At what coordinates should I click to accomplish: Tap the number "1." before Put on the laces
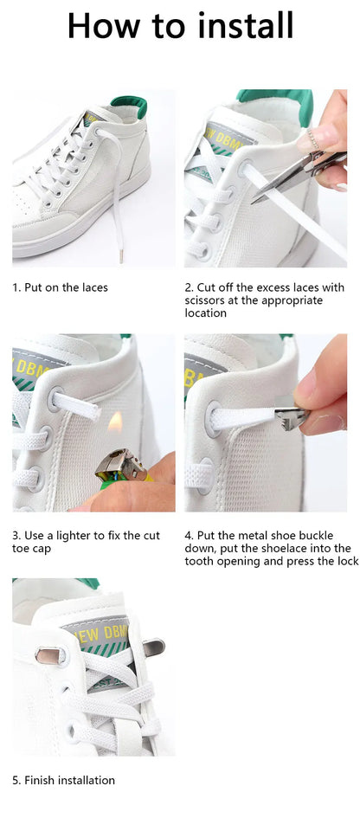16,287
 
